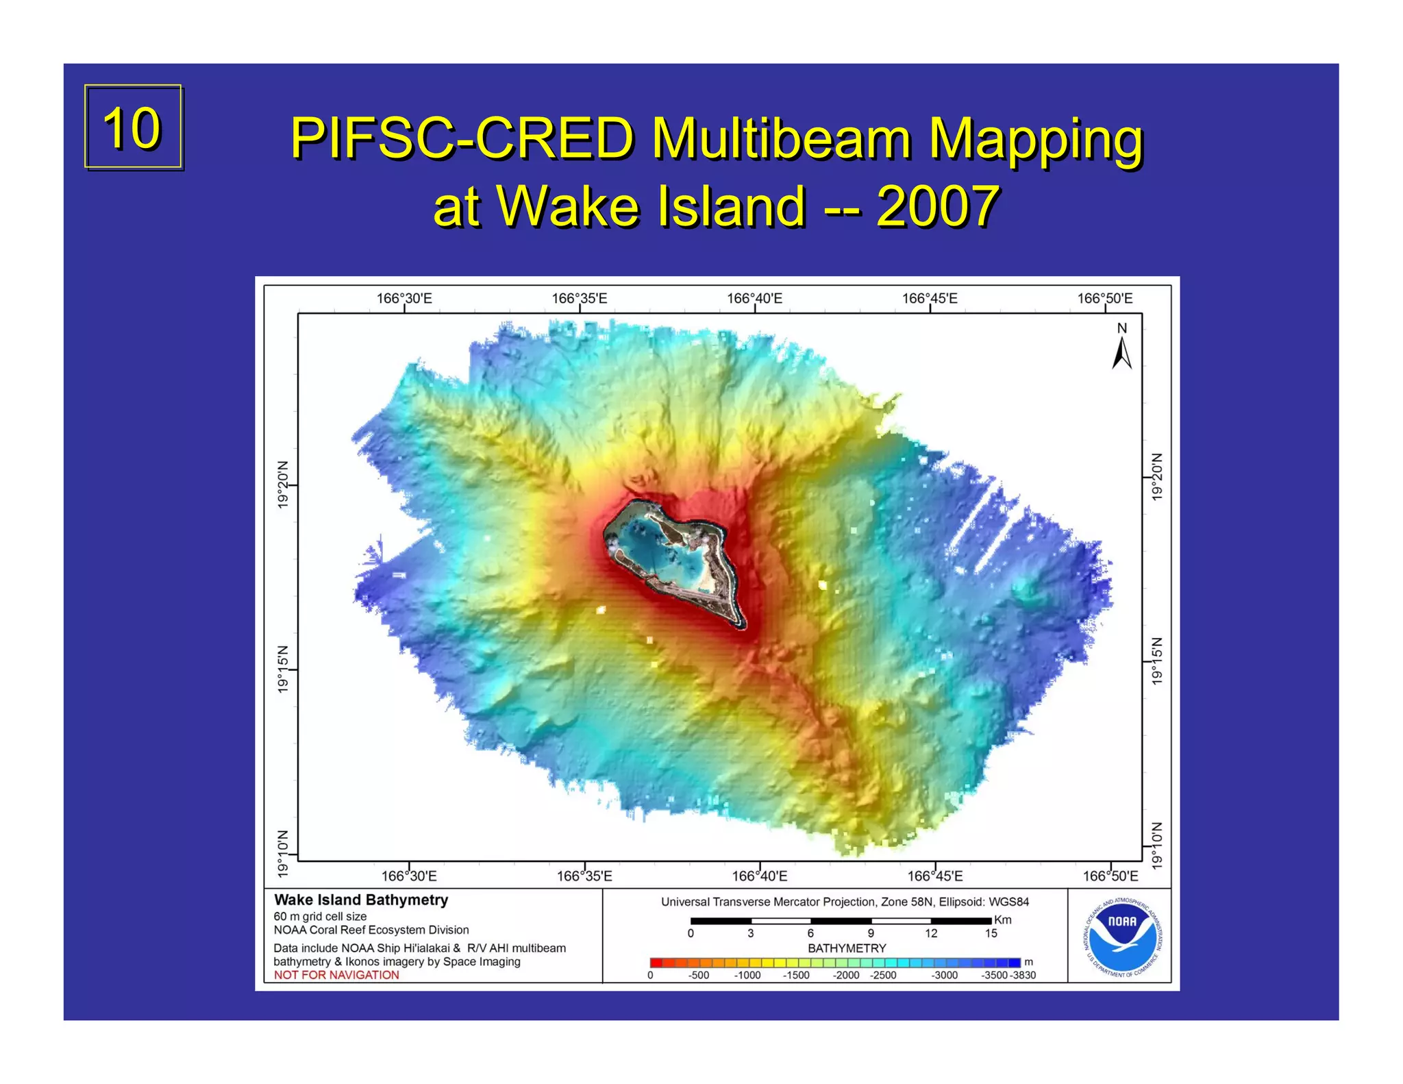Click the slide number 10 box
(x=133, y=127)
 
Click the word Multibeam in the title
(x=781, y=138)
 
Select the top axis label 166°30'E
(x=404, y=299)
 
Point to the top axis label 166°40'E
(x=754, y=299)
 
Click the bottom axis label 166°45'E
(x=934, y=876)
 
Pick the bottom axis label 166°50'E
(x=1110, y=876)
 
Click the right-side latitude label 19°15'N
(x=1157, y=661)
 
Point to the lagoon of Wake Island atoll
(x=668, y=555)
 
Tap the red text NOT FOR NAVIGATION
(x=336, y=975)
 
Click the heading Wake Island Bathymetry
(x=361, y=900)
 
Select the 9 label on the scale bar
(x=871, y=934)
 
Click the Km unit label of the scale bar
(x=1003, y=920)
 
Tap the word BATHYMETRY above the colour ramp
(x=847, y=948)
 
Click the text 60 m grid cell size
(x=320, y=917)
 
